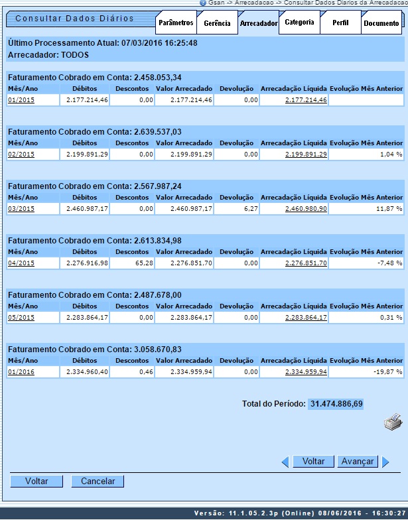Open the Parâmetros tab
176,23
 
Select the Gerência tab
217,23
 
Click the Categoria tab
299,23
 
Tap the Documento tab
381,23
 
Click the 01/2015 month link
21,100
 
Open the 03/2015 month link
21,209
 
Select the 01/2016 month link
21,372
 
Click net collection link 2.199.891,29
306,155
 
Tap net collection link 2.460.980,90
306,209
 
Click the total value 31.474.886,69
336,403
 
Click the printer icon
393,421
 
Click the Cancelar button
98,482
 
